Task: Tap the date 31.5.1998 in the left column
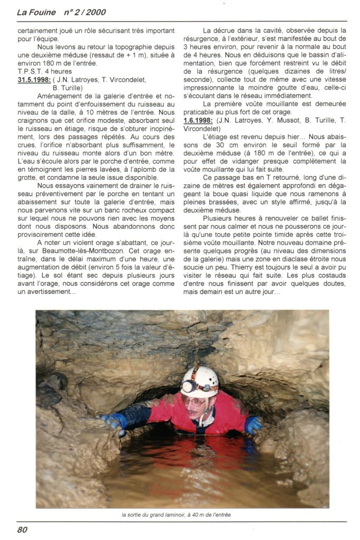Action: (x=34, y=80)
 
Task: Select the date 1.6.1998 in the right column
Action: (x=199, y=121)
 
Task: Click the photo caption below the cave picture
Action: (x=176, y=515)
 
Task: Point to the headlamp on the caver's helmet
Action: (x=188, y=387)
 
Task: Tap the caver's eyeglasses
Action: (x=193, y=400)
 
